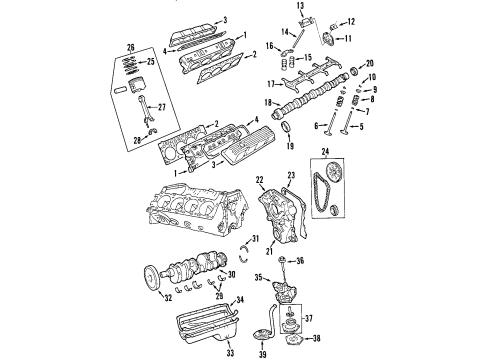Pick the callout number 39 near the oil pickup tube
click(291, 353)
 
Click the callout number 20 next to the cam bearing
click(369, 64)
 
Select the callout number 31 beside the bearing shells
click(255, 237)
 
